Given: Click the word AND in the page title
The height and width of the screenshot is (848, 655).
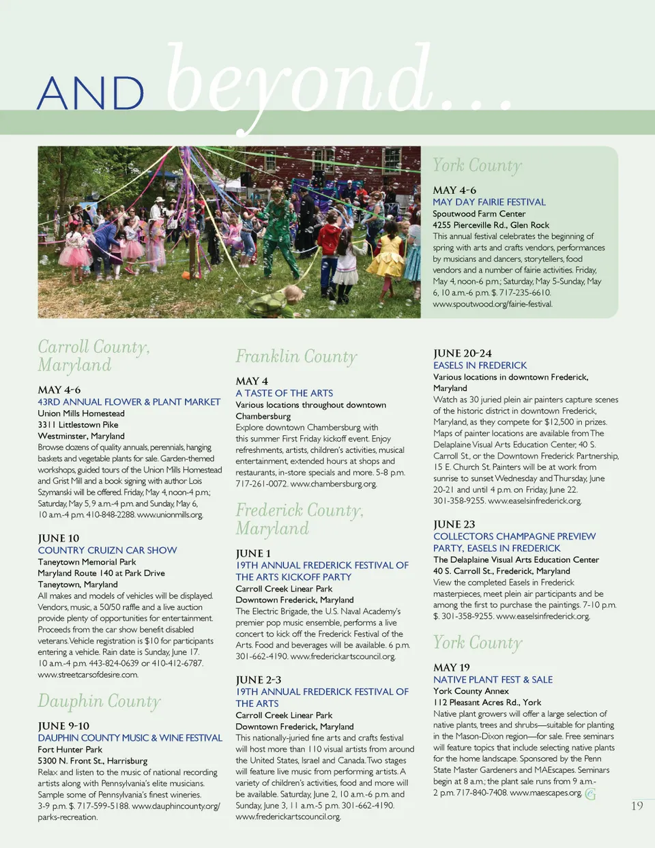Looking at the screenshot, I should pos(90,93).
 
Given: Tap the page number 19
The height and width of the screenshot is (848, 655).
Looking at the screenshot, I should pos(637,806).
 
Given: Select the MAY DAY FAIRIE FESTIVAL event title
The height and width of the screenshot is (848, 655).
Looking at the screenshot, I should pos(489,202).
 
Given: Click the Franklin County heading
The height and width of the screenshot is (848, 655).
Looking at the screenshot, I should pos(296,357).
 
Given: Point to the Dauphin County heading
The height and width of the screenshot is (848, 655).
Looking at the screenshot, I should pos(99,701).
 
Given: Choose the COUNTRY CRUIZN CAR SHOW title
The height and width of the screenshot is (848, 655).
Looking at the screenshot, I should pos(107,550).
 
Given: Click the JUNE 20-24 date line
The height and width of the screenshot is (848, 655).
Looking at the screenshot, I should pos(462,353).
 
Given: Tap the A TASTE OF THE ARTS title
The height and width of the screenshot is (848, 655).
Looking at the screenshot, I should pos(284,393).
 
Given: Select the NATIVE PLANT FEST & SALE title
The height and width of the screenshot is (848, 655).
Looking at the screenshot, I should pos(493,679).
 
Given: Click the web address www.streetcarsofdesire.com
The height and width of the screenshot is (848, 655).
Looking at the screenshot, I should pos(88,675).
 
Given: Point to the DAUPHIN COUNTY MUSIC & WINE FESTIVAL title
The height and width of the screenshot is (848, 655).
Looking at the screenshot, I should pos(130,737).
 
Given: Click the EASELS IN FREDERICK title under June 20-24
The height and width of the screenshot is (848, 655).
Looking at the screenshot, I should pos(480,365).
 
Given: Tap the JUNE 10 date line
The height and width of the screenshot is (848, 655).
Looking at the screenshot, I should pos(58,538).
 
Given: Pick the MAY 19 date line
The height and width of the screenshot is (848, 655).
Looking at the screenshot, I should pos(451,667).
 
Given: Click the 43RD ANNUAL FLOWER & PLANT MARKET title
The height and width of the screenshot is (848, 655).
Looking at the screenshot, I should pos(129,402).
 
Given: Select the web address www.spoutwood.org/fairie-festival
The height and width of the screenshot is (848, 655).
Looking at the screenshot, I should pos(493,304).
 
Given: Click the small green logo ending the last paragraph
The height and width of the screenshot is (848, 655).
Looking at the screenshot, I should pos(590,793).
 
